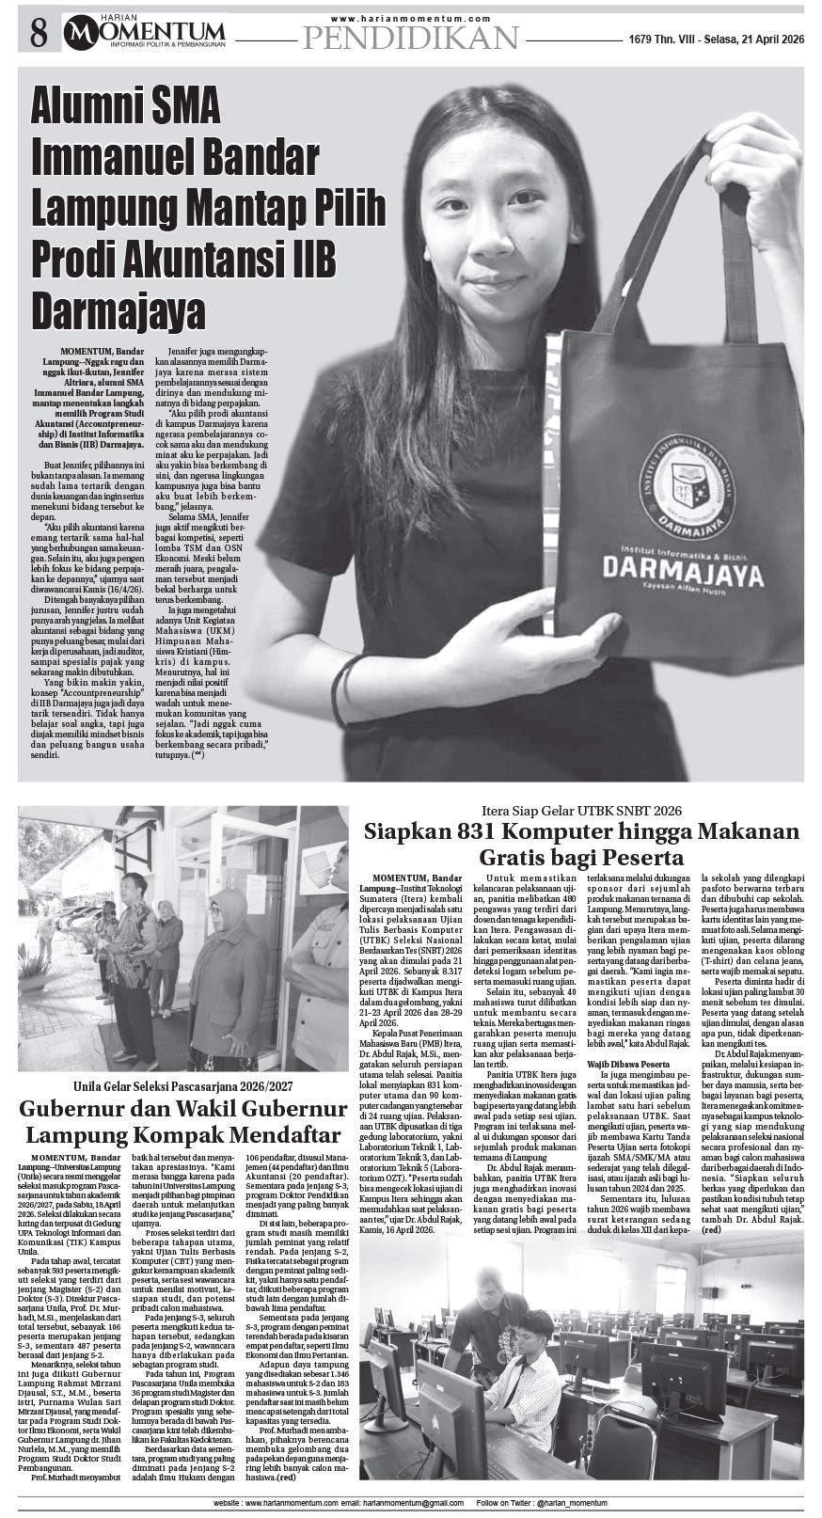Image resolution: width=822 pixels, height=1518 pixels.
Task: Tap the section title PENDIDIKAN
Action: [411, 38]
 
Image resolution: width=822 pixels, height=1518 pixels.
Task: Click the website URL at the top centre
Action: [411, 18]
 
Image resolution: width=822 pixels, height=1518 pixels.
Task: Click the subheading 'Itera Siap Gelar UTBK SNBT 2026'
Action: [581, 810]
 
